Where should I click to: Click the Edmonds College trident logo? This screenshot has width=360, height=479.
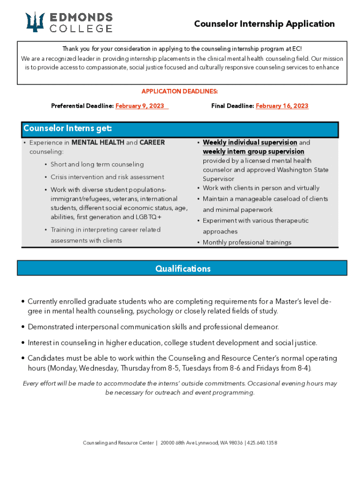35,22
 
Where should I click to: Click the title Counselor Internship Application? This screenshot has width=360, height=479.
264,24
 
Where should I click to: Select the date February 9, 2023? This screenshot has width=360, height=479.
140,106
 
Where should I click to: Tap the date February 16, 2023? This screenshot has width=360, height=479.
282,106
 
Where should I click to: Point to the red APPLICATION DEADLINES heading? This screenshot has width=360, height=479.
180,91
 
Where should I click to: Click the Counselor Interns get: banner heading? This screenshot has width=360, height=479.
67,129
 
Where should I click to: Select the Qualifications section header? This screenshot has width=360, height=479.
183,269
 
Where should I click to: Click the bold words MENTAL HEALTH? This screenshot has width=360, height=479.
98,143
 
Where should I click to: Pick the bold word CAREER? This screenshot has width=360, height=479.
152,143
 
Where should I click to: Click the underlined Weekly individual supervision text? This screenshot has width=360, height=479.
250,143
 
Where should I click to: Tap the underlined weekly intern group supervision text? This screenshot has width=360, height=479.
253,152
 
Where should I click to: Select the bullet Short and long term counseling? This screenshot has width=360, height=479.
97,165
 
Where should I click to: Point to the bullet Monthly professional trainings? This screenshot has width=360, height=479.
247,242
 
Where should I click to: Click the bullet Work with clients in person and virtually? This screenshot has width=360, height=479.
261,188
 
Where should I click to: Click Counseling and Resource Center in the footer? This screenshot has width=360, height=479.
118,443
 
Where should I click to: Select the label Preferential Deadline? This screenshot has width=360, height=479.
82,106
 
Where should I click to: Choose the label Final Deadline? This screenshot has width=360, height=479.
232,106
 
